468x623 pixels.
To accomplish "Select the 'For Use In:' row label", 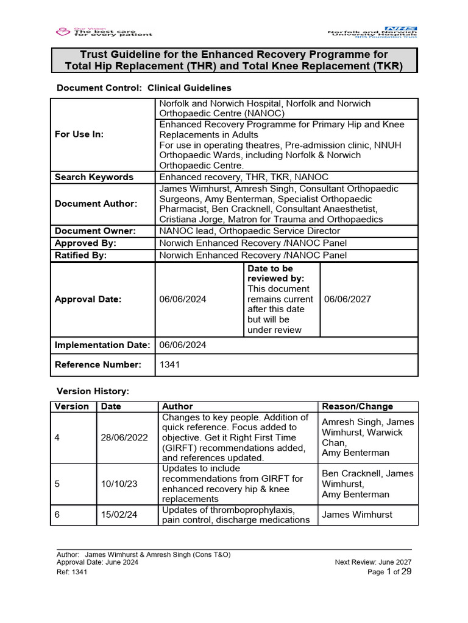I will (x=79, y=134).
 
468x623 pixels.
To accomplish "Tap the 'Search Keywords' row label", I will (x=94, y=177).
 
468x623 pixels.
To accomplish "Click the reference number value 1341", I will (x=169, y=364).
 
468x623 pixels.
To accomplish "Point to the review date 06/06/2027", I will (x=347, y=299).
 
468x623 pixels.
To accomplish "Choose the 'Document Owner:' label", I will (x=96, y=231).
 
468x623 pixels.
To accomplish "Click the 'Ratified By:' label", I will (x=80, y=255).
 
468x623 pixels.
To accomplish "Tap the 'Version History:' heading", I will (x=93, y=391).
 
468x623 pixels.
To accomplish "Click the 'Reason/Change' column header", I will (x=357, y=406).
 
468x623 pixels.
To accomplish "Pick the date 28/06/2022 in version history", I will (x=124, y=437).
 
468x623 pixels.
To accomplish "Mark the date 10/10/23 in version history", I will (x=119, y=484).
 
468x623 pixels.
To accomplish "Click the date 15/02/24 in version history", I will (x=119, y=515).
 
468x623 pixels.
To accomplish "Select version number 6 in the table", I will (x=57, y=515).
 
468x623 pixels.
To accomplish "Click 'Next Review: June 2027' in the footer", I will (x=374, y=562).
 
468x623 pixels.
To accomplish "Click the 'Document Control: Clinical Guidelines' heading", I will (x=144, y=88).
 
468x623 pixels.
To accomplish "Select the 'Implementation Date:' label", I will (x=102, y=345).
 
